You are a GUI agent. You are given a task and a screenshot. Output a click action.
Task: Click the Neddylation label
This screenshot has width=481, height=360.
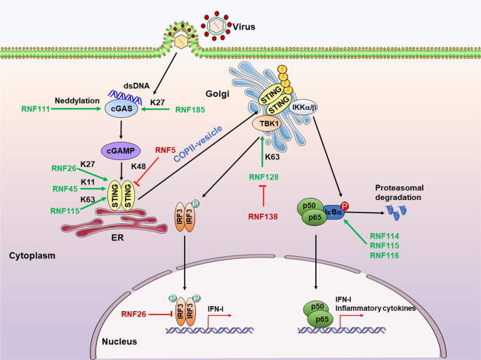point(77,101)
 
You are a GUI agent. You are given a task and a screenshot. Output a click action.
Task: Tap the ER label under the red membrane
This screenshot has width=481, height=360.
point(127,238)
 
